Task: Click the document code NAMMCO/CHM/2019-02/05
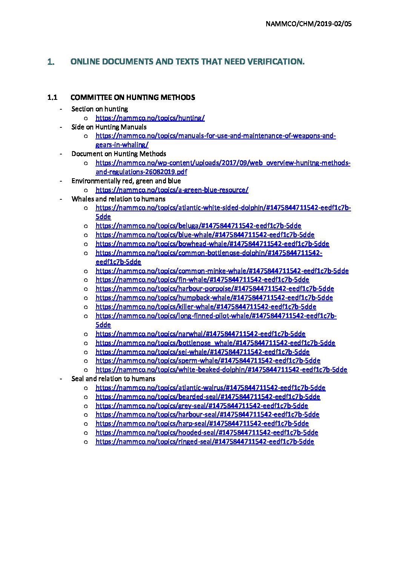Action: point(308,24)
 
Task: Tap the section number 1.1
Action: point(52,98)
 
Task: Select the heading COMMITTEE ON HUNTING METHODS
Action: point(133,98)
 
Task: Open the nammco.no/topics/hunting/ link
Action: point(150,118)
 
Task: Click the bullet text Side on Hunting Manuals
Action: point(109,127)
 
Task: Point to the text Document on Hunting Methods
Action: point(118,154)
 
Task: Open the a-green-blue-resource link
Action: point(172,190)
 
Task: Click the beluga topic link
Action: point(198,226)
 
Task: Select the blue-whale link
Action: point(205,235)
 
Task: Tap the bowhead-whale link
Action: point(212,244)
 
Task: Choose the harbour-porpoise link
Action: point(215,289)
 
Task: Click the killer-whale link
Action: point(206,307)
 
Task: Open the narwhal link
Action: point(200,334)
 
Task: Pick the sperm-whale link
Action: point(208,361)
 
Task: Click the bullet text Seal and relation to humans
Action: point(113,379)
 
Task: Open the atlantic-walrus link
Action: point(210,388)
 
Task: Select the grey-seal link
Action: point(201,406)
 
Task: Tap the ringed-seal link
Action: point(204,442)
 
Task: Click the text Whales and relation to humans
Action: point(118,199)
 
